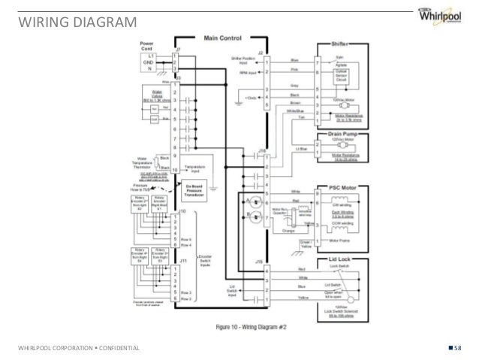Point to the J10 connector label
[x=177, y=213]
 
